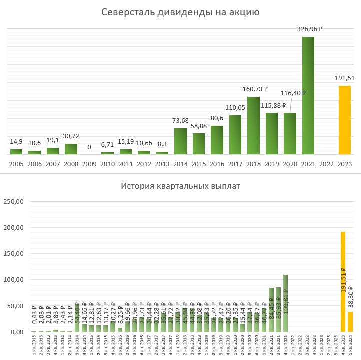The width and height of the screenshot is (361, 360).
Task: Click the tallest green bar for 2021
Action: [x=308, y=95]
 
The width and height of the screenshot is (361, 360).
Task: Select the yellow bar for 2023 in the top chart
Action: [x=344, y=120]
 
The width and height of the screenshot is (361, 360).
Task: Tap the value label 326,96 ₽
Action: [x=309, y=29]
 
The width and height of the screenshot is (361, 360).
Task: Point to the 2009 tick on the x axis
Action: [x=89, y=164]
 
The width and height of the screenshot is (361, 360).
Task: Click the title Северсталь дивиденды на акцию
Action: [x=180, y=12]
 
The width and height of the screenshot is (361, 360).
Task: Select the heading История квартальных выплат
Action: [x=180, y=187]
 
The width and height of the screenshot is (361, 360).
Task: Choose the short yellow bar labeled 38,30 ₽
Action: [x=350, y=322]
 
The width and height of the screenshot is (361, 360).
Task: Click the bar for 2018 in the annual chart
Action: [x=253, y=125]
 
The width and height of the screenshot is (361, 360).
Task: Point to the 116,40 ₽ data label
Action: [x=293, y=93]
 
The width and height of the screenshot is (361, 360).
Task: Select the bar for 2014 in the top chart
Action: [x=180, y=141]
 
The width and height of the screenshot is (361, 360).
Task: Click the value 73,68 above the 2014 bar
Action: [x=180, y=121]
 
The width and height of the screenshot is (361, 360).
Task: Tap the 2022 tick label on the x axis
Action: [x=326, y=164]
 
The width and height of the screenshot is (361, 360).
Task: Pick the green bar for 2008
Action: [x=71, y=149]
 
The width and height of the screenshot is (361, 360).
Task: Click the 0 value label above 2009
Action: [x=89, y=147]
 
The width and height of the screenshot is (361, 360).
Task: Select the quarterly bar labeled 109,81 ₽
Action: [x=285, y=303]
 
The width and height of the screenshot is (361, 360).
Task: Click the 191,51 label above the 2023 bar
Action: [x=345, y=78]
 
